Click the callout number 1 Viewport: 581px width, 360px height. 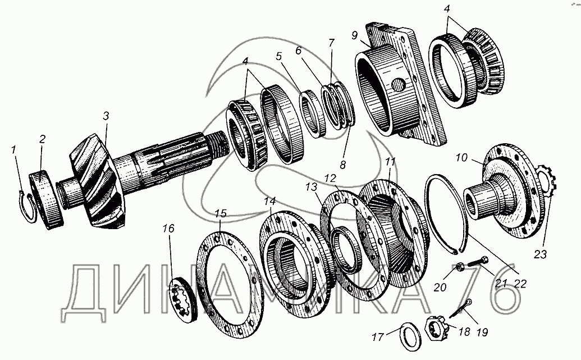click(13, 150)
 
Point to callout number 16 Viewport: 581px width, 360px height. click(169, 229)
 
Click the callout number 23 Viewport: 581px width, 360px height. click(539, 254)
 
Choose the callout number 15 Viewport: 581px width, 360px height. click(221, 215)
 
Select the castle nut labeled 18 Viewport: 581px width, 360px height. click(436, 327)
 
